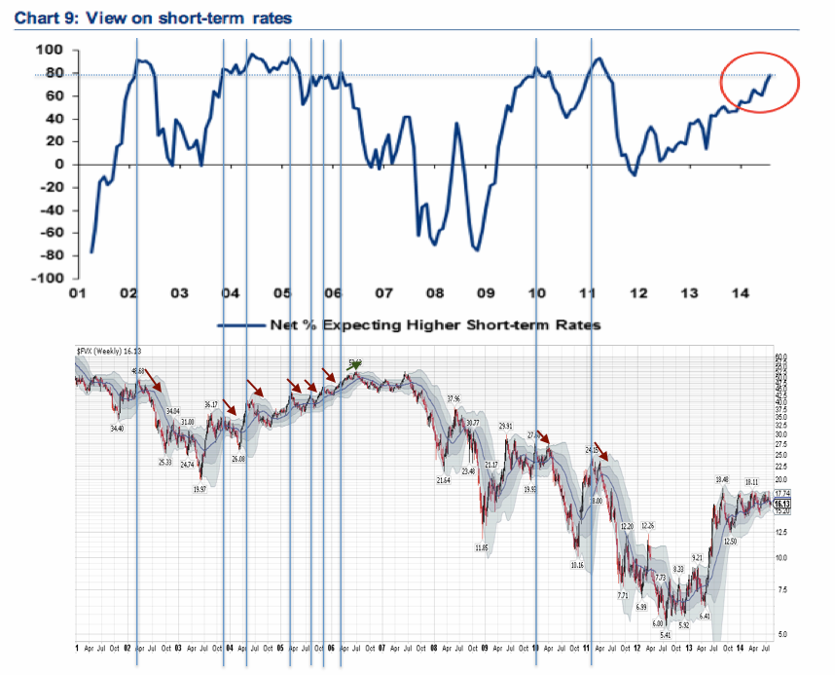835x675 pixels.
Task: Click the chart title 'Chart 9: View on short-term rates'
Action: coord(153,18)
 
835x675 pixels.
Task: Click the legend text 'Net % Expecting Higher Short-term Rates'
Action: coord(434,325)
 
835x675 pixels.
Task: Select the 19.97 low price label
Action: coord(200,490)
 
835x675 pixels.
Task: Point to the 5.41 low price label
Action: coord(665,636)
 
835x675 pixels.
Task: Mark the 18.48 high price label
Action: coord(721,479)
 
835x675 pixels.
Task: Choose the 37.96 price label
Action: coord(454,399)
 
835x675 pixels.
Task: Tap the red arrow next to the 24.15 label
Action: coord(602,452)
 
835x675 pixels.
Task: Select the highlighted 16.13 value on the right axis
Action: coord(781,504)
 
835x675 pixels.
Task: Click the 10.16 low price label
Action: coord(577,565)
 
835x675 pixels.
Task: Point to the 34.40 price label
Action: coord(117,429)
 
